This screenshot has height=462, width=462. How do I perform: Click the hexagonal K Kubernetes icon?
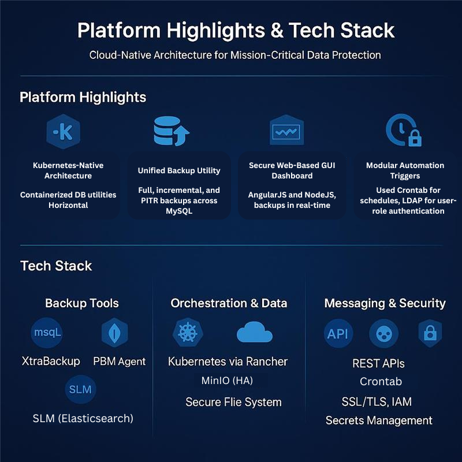tap(63, 132)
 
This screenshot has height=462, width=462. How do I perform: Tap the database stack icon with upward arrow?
tap(172, 131)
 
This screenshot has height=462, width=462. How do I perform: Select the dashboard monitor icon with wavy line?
tap(286, 131)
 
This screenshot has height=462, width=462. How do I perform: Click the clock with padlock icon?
tap(403, 131)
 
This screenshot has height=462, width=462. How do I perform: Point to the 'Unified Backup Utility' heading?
tap(179, 170)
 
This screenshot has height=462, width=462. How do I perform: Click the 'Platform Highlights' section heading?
tap(83, 96)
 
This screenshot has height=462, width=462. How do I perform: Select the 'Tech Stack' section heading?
tap(56, 266)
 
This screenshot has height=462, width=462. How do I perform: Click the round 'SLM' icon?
tap(80, 389)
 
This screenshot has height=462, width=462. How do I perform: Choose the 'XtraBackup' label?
tap(51, 361)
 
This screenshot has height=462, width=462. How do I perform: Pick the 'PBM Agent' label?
tap(120, 362)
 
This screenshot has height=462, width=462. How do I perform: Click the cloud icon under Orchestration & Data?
tap(254, 333)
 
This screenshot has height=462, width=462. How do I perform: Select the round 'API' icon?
tap(338, 333)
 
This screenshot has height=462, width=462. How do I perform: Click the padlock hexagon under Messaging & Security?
tap(430, 333)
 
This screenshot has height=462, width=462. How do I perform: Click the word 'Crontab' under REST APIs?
tap(381, 382)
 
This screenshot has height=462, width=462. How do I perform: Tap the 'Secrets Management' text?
tap(379, 420)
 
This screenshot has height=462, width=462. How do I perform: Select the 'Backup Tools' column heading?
tap(82, 303)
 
